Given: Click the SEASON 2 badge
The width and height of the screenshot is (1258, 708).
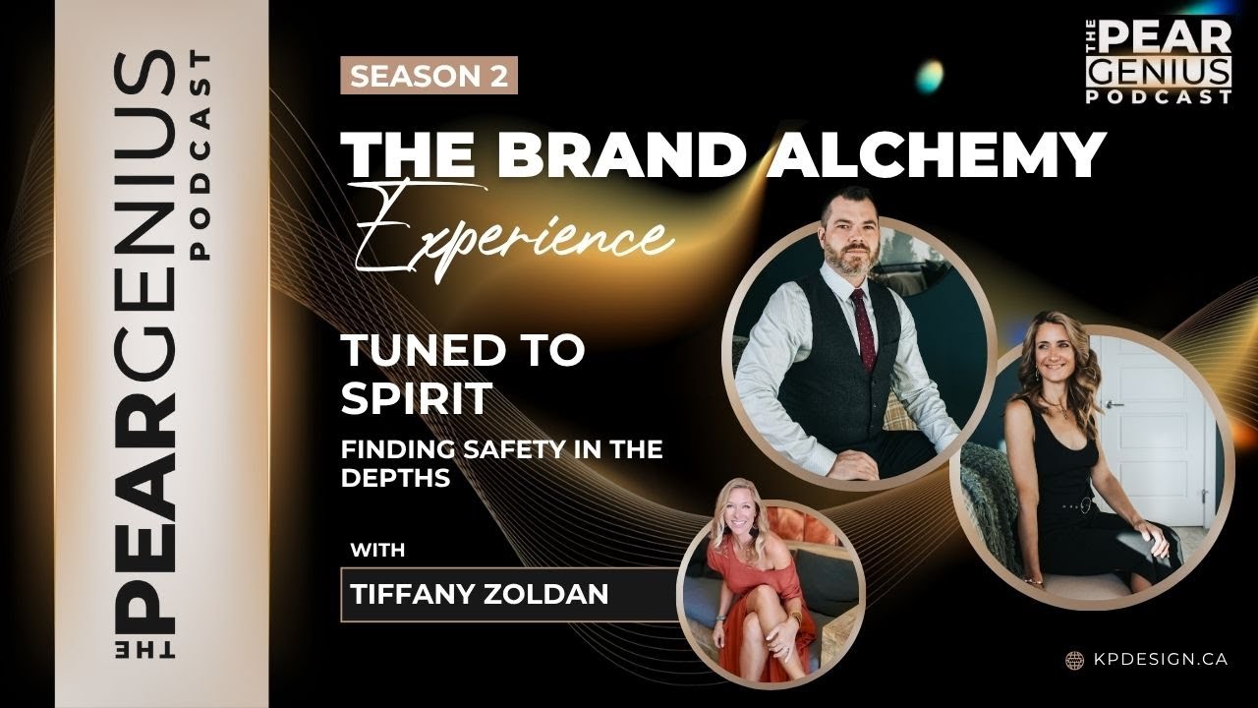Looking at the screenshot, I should coord(429,77).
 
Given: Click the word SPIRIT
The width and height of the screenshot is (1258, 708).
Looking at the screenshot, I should coord(416,399).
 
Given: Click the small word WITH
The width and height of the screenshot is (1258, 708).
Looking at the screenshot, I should coord(377,550).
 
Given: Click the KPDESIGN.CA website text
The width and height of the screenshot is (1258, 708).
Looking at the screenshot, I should coord(1159,660).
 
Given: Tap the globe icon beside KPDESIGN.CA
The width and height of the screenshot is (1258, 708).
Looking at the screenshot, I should coord(1075,660).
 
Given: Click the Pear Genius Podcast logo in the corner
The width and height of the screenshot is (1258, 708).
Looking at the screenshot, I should coord(1160,62).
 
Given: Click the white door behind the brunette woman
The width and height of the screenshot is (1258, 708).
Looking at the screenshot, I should coord(1149,413).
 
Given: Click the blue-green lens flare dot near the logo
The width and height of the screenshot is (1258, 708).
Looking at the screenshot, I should coord(928,72).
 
